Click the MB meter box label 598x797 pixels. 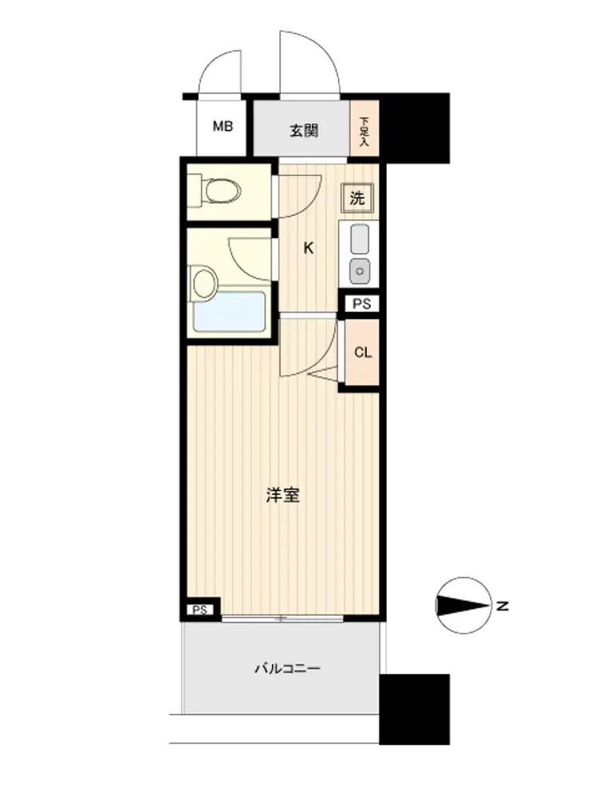[x=222, y=126]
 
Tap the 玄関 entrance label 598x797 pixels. [x=304, y=131]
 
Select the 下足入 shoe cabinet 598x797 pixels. [x=364, y=128]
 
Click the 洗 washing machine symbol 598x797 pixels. [x=357, y=198]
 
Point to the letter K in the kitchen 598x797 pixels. [x=308, y=249]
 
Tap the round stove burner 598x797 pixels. [x=360, y=271]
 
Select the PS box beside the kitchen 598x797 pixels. [x=362, y=304]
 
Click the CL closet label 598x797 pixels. [x=363, y=352]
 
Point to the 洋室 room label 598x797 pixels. [x=283, y=495]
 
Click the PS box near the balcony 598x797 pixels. [x=200, y=610]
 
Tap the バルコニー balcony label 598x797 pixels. [x=287, y=668]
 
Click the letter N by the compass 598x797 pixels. [x=502, y=606]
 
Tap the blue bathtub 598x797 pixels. [x=230, y=312]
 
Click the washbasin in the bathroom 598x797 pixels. [x=204, y=282]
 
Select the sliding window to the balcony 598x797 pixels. [x=283, y=618]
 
